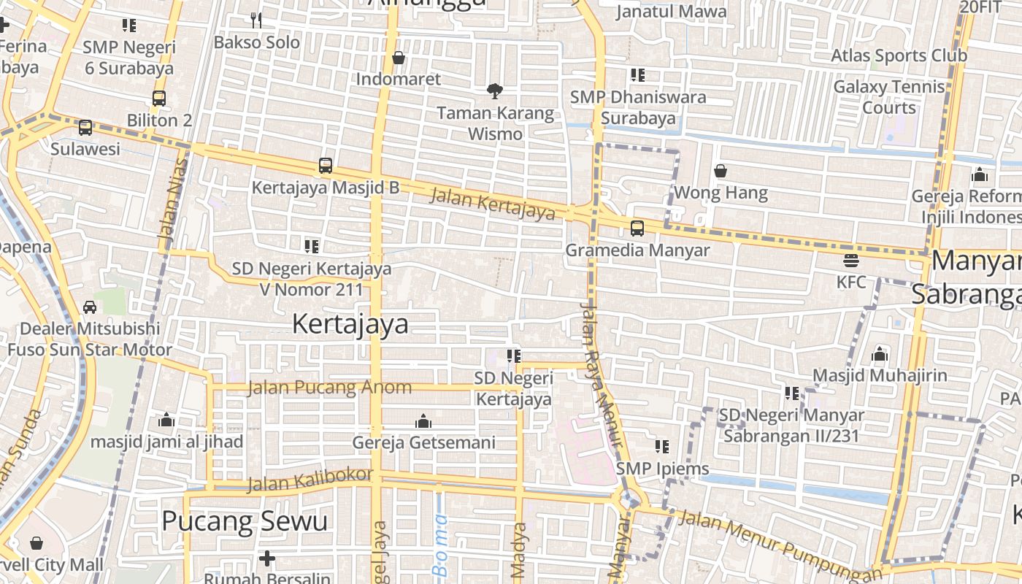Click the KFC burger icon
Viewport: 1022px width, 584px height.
click(850, 260)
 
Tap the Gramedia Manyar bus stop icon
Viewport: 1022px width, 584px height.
click(637, 228)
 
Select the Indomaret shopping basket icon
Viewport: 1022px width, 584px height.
click(399, 58)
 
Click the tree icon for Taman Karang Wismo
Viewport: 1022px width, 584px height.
click(495, 91)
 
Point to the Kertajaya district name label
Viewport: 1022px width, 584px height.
click(350, 323)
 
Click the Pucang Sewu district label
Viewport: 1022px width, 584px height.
click(245, 521)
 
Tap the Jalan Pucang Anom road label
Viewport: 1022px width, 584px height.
click(330, 387)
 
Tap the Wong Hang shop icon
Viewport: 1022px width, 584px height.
click(721, 172)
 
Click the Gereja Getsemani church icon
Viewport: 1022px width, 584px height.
click(423, 421)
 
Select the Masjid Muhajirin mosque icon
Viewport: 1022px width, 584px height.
click(880, 355)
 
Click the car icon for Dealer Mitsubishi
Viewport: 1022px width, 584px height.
click(90, 307)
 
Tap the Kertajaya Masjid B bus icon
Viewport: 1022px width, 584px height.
click(326, 166)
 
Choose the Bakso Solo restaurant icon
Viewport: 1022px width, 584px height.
click(255, 20)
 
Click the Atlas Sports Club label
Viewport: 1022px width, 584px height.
click(899, 55)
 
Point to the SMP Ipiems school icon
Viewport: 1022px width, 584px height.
click(662, 446)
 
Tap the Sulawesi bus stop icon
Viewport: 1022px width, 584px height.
click(85, 128)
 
